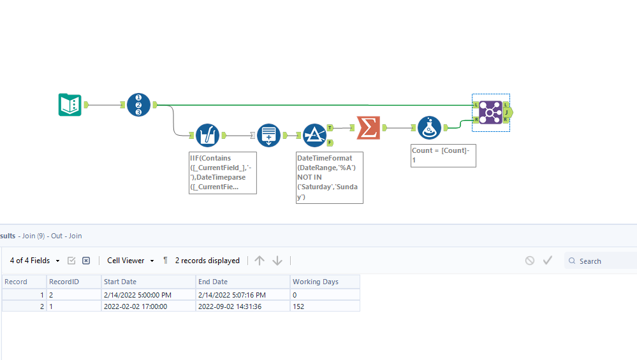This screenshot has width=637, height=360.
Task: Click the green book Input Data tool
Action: point(70,104)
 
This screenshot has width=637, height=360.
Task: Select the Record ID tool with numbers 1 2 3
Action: point(138,104)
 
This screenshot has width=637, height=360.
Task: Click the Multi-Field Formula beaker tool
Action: point(207,135)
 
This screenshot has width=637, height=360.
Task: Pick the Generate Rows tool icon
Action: point(268,135)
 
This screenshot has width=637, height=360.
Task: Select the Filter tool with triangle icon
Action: point(314,135)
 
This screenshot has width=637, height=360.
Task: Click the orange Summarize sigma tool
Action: point(367,127)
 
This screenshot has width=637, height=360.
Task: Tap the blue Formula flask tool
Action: point(429,127)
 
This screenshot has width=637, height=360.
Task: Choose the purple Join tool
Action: point(490,113)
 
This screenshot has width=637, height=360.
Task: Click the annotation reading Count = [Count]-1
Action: point(443,155)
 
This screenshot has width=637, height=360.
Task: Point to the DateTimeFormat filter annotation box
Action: point(329,177)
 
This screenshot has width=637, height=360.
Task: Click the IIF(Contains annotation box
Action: point(223,172)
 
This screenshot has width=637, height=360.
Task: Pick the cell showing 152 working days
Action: point(324,306)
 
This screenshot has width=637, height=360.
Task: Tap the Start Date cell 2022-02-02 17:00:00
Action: point(148,306)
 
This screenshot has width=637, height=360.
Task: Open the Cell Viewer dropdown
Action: point(130,261)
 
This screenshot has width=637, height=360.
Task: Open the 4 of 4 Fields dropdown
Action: point(36,261)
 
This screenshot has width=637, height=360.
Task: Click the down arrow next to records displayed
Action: point(277,261)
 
